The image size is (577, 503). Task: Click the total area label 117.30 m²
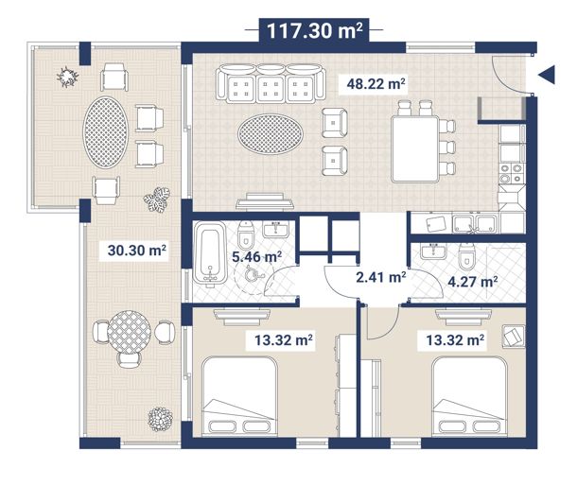[314, 30]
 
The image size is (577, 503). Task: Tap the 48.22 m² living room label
[376, 84]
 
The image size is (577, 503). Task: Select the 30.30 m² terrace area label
[137, 251]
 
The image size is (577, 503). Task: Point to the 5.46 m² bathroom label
[257, 256]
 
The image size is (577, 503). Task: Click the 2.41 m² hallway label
[381, 277]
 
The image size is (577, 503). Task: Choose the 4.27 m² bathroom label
[473, 282]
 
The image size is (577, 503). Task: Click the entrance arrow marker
[547, 75]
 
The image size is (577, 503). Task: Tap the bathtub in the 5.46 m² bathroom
[210, 253]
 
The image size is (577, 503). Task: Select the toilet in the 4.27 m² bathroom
[467, 255]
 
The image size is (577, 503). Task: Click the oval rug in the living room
[271, 134]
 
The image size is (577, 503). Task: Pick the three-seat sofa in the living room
[271, 84]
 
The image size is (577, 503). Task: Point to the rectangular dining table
[415, 149]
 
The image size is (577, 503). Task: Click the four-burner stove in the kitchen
[512, 174]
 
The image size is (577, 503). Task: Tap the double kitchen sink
[475, 223]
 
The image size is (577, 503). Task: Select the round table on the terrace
[130, 333]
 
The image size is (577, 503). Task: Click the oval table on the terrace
[106, 132]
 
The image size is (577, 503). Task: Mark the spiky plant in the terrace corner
[67, 77]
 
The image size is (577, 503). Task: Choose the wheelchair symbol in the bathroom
[253, 273]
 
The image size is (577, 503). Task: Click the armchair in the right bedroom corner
[514, 337]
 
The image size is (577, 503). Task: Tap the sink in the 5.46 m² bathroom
[276, 229]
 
